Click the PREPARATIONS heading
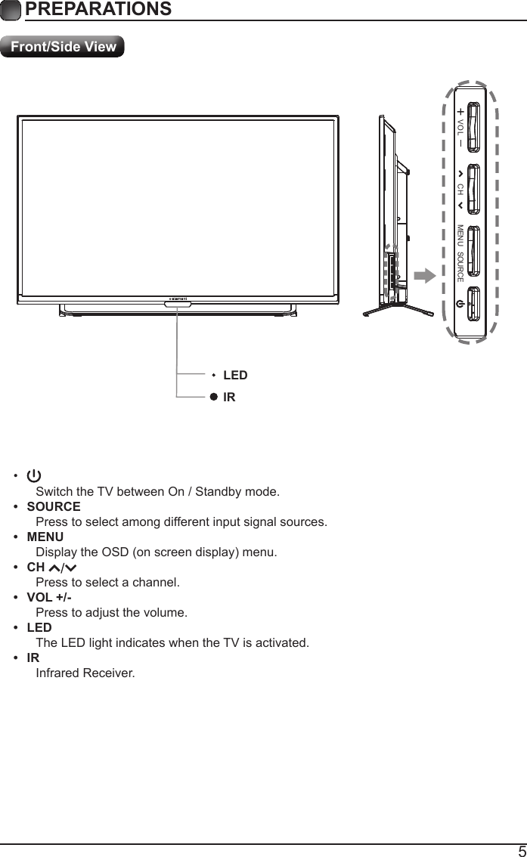[x=98, y=9]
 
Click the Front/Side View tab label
[x=63, y=47]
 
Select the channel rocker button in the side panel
[x=474, y=188]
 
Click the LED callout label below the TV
[x=235, y=375]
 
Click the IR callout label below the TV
[x=229, y=397]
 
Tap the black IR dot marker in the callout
[x=214, y=397]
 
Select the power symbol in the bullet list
[x=34, y=476]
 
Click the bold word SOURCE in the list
[x=54, y=506]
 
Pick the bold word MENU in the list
[x=45, y=537]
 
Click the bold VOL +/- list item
[x=50, y=597]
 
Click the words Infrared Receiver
[x=85, y=673]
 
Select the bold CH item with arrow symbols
[x=52, y=567]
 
